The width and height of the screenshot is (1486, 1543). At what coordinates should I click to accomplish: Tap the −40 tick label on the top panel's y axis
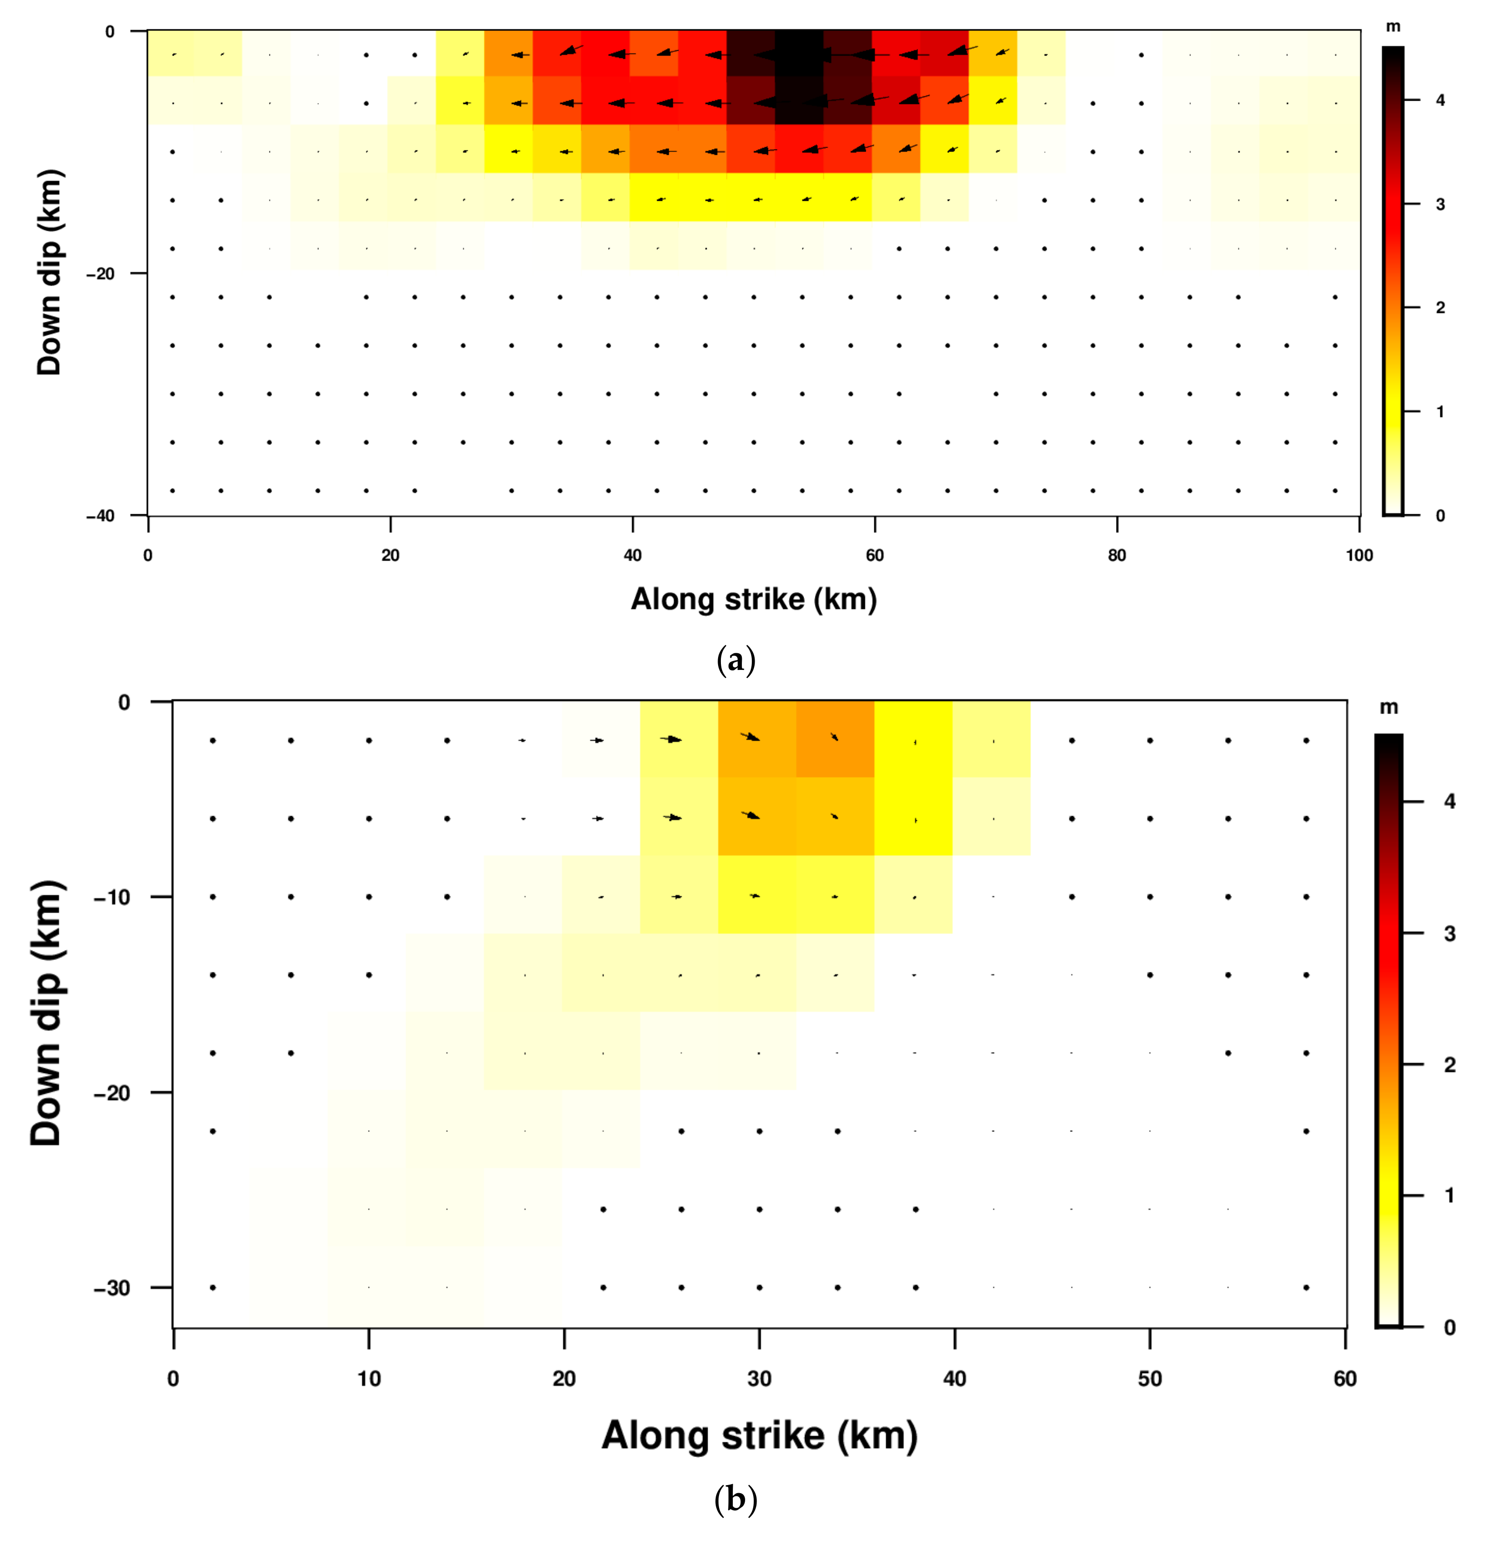coord(100,516)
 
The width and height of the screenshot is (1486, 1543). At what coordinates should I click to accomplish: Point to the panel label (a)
coord(736,660)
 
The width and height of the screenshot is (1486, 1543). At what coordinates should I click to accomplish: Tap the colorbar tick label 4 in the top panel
coord(1440,101)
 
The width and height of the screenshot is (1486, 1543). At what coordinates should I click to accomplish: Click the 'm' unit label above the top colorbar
coord(1393,27)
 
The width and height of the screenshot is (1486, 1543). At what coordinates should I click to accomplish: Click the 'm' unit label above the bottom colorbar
coord(1388,708)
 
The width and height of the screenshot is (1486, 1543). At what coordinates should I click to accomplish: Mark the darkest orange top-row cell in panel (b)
coord(835,738)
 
